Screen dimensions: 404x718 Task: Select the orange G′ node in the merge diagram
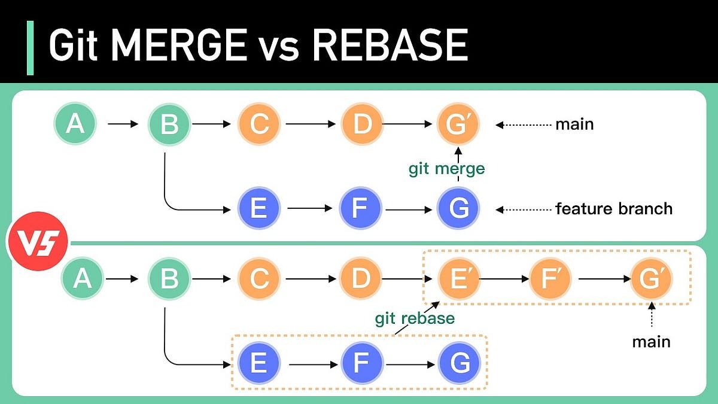458,124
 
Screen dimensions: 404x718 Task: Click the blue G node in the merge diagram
458,209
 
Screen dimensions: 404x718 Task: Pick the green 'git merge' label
446,169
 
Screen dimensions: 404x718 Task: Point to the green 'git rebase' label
415,318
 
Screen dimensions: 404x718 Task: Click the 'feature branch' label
614,209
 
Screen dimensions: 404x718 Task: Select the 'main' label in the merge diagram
574,124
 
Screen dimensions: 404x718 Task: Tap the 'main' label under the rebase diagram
651,342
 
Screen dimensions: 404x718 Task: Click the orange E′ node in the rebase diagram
458,279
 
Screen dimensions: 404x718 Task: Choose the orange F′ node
550,279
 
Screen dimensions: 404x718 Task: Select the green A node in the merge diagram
75,124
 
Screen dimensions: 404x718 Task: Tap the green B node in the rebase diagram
169,279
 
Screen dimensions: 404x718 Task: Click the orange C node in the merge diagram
259,124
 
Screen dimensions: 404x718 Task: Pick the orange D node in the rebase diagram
361,279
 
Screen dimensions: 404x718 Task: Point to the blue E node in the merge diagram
259,209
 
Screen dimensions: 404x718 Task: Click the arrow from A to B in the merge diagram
122,124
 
